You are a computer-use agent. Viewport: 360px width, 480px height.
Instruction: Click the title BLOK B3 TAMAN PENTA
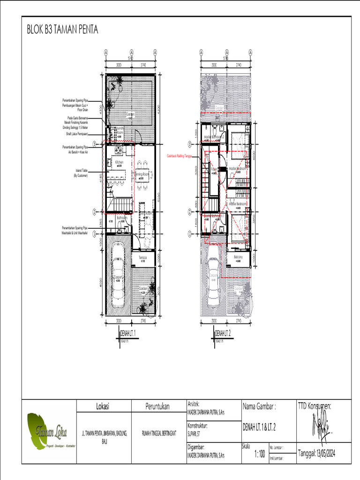click(62, 30)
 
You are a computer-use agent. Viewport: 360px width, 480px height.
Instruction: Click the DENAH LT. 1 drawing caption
click(131, 333)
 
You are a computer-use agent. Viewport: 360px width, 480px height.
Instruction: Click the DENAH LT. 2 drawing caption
click(225, 333)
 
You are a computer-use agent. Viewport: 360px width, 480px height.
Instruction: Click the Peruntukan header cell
click(157, 406)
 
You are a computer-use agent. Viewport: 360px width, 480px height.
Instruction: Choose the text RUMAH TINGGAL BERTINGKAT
click(159, 433)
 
